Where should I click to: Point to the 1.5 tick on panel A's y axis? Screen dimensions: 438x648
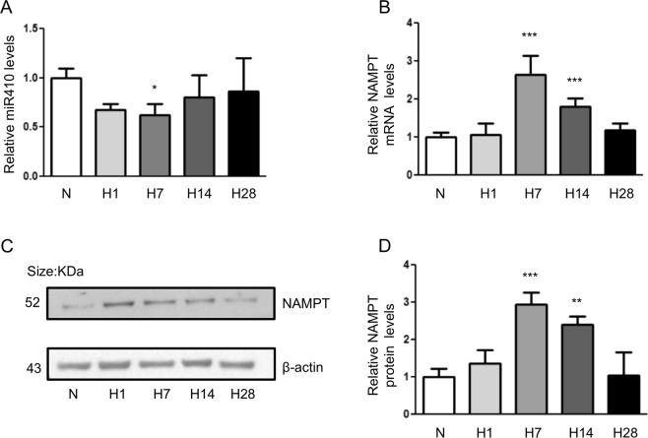click(x=37, y=29)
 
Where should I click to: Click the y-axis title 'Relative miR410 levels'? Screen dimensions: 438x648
click(x=12, y=101)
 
